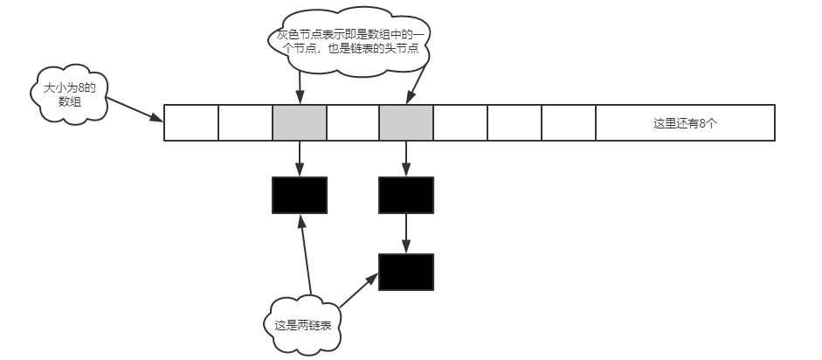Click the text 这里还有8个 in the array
click(685, 123)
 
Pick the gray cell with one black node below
click(300, 123)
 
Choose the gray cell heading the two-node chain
click(406, 123)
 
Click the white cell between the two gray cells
click(353, 123)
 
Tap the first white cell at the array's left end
click(191, 123)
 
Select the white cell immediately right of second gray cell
click(460, 123)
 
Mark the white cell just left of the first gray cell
click(245, 123)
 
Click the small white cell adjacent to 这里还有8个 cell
click(568, 123)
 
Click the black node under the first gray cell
click(300, 195)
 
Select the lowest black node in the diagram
click(406, 272)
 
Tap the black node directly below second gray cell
click(406, 195)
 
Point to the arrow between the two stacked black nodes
click(406, 233)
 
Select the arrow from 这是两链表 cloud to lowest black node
click(358, 292)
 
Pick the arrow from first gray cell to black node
click(300, 158)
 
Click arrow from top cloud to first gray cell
click(300, 87)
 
